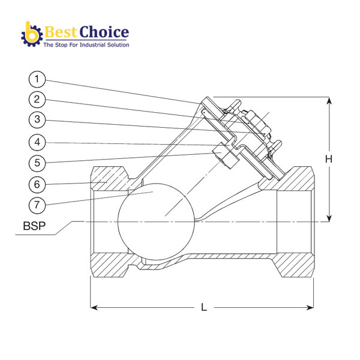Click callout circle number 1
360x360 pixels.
click(37, 79)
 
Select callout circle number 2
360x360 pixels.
click(37, 99)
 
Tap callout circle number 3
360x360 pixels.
click(37, 119)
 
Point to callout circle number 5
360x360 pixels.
click(37, 162)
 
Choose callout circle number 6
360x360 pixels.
click(37, 183)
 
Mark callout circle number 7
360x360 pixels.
click(37, 204)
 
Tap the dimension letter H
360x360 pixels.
click(329, 159)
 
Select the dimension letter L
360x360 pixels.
click(204, 308)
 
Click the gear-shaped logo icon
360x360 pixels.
click(29, 34)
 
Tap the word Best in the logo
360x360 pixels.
click(61, 31)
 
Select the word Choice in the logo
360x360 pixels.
click(104, 31)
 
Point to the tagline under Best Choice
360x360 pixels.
click(86, 44)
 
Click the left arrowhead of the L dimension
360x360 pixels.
click(94, 308)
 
